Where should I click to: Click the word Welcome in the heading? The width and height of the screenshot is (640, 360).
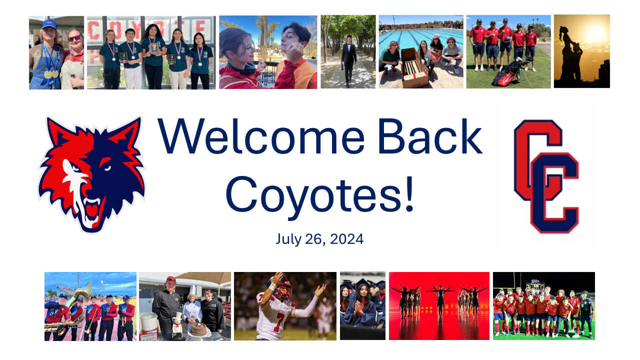coord(261,136)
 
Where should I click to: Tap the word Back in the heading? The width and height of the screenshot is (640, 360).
coord(430,136)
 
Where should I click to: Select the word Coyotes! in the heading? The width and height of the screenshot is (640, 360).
coord(319,195)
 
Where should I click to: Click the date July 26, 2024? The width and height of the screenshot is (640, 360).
coord(319,239)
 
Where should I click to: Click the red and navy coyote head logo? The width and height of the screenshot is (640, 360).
coord(92,174)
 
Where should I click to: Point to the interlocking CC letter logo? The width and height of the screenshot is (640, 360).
coord(546,176)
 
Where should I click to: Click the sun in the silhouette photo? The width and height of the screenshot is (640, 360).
coord(595,33)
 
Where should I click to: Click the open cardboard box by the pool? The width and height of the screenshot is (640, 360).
coord(414,68)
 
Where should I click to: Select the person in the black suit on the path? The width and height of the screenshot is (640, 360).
coord(348,60)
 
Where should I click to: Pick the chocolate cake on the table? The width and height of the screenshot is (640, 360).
coord(198,329)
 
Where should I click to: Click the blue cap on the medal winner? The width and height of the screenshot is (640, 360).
coord(49,24)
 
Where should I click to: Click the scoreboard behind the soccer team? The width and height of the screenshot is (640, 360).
coord(535,285)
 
